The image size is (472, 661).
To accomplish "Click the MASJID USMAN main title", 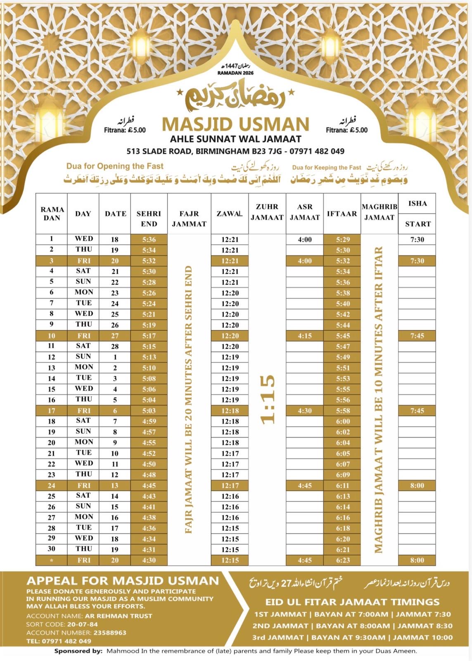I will tap(235, 124).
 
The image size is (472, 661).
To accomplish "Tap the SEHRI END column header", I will tap(149, 219).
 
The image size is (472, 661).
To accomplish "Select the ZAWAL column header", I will tap(230, 214).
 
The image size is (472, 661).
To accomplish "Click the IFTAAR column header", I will tap(342, 214).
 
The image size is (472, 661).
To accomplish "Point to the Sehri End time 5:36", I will tap(149, 240).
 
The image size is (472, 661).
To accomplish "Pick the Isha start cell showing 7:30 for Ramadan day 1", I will tap(417, 240).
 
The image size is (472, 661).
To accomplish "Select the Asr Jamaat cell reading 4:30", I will tap(305, 411).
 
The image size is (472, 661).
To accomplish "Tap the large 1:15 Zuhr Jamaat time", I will tap(268, 399).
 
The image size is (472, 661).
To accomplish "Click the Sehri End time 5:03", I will tap(149, 411).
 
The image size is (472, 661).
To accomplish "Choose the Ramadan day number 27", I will tap(52, 517).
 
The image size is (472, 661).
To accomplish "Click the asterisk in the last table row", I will tap(52, 561).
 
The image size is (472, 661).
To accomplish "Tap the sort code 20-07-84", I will tap(83, 624).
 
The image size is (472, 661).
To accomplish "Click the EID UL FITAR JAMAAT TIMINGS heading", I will tap(352, 602).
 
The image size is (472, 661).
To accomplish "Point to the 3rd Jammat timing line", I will tap(352, 637).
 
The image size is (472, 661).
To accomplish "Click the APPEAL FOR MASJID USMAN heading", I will tap(123, 581).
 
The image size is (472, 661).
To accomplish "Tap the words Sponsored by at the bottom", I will tap(78, 651).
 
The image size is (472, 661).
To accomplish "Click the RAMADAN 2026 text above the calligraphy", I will tap(235, 73).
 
